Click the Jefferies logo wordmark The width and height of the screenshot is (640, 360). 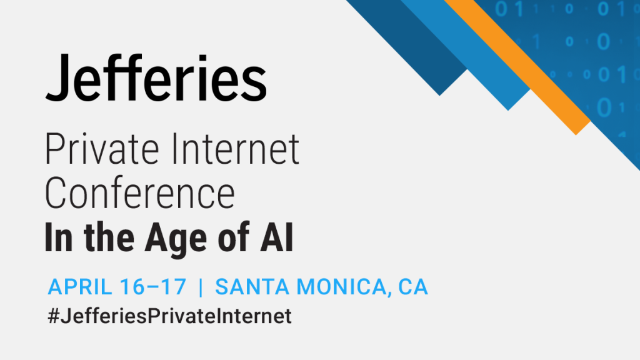coord(156,77)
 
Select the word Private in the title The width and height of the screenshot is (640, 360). coord(102,149)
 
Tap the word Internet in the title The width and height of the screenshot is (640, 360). coord(236,149)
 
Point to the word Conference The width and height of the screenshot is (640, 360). coord(140,192)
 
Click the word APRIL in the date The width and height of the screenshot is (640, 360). coord(79,286)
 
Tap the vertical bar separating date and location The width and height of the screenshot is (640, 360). coord(201,287)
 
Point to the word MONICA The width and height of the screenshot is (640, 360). coord(344,287)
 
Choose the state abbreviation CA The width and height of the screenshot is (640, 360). coord(413,286)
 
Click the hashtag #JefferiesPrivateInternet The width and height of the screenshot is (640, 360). coord(170,316)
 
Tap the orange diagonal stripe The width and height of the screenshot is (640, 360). coord(517,67)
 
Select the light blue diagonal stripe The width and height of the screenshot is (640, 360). coord(465,55)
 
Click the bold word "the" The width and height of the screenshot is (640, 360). coord(109,237)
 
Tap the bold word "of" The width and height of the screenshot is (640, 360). coord(234,237)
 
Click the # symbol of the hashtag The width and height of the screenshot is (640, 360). coord(54,316)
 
